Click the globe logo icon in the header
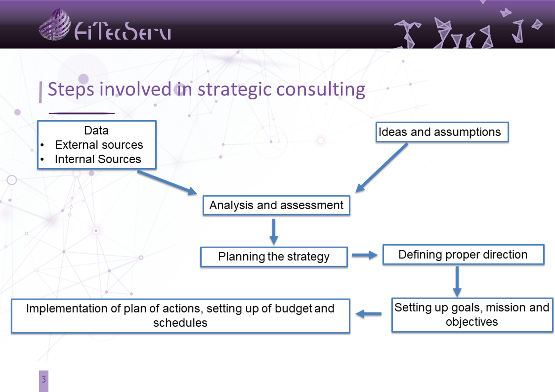(x=54, y=24)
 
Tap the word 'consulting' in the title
(x=321, y=90)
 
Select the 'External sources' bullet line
(x=99, y=145)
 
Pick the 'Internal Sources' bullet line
(x=98, y=159)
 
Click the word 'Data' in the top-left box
(x=96, y=131)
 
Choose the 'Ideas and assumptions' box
(x=442, y=132)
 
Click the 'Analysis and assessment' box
(x=276, y=205)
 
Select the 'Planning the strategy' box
(x=274, y=257)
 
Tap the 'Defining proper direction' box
(x=464, y=255)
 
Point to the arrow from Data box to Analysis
(x=167, y=182)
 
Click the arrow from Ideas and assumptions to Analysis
(x=382, y=168)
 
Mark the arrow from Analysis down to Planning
(x=274, y=231)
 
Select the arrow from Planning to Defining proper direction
(x=365, y=255)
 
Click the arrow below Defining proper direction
(x=457, y=282)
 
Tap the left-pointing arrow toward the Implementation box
(x=369, y=314)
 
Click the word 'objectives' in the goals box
(x=472, y=322)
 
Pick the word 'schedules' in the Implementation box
(x=180, y=323)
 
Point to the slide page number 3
(x=43, y=379)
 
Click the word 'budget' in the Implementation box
(x=293, y=309)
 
